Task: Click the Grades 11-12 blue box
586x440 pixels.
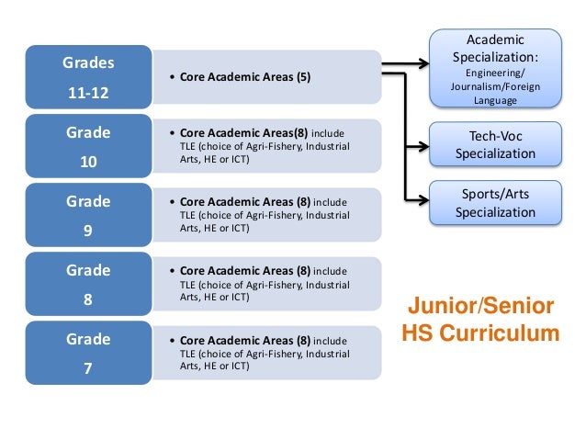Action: (x=88, y=77)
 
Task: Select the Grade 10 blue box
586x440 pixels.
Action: (x=88, y=146)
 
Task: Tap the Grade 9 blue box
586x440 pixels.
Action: (x=88, y=215)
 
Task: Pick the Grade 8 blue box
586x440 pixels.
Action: (x=88, y=284)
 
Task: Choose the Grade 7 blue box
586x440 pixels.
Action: (x=88, y=353)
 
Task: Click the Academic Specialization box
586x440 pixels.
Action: (x=495, y=68)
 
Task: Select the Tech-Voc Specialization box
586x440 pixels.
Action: (x=495, y=145)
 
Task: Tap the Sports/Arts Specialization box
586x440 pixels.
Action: (x=495, y=203)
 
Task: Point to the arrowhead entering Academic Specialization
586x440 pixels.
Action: (x=423, y=64)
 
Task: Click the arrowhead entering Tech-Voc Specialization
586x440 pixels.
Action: (x=423, y=144)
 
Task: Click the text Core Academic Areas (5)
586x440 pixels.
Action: (x=245, y=78)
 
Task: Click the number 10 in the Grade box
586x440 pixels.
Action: (x=88, y=162)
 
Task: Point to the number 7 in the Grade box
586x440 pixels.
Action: (x=88, y=368)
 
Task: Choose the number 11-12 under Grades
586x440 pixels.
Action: (x=88, y=93)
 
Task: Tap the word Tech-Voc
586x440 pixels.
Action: (x=495, y=136)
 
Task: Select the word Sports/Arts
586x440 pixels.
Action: (x=495, y=194)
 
